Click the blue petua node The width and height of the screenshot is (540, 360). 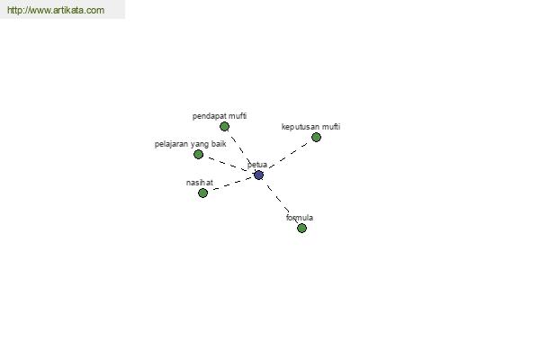[x=258, y=175]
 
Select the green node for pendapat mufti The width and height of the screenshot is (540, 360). [x=224, y=127]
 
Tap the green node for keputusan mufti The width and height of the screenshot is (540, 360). [x=316, y=138]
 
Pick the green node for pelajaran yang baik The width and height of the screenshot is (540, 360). [x=198, y=154]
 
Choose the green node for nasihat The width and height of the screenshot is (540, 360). [x=202, y=193]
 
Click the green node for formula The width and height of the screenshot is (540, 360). [x=301, y=228]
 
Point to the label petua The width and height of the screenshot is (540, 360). [x=257, y=165]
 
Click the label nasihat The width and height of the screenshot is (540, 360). [x=200, y=183]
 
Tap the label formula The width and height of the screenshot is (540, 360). [x=300, y=218]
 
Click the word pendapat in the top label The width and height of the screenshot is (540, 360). [x=210, y=116]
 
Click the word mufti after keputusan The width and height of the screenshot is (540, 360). [x=331, y=126]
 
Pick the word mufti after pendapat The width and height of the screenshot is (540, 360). [x=238, y=116]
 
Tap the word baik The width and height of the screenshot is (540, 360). [x=219, y=144]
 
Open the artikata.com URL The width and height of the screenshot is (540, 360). [x=56, y=10]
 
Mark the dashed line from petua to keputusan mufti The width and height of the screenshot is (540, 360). [x=288, y=157]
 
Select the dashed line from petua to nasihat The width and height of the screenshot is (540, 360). [x=230, y=184]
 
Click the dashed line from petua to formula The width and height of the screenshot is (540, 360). [x=280, y=202]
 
